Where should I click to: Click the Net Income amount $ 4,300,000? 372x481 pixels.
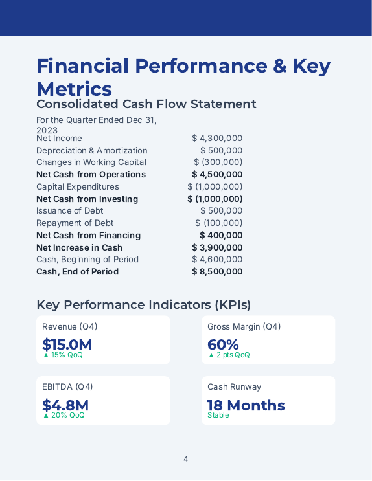(x=217, y=138)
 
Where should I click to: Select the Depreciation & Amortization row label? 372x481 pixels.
(x=91, y=150)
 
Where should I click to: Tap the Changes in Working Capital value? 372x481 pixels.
(x=218, y=162)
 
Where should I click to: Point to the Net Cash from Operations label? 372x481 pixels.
(x=91, y=175)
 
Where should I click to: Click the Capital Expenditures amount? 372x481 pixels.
(x=215, y=186)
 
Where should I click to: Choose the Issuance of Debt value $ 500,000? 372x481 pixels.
(x=221, y=211)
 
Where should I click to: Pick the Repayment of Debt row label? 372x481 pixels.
(x=75, y=223)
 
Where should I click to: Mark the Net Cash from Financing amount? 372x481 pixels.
(x=221, y=236)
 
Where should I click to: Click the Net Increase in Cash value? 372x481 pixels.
(x=217, y=248)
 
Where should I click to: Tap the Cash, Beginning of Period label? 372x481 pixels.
(x=87, y=260)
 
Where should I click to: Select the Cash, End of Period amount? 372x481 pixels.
(x=217, y=272)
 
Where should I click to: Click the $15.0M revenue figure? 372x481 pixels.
(x=67, y=344)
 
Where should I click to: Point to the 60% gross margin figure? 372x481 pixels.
(x=223, y=344)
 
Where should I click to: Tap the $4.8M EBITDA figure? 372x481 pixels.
(x=65, y=405)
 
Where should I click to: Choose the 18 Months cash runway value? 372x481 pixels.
(x=246, y=405)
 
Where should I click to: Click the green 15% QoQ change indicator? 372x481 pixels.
(x=63, y=355)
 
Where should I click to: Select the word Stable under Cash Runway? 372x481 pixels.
(x=218, y=416)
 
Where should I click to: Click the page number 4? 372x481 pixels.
(x=185, y=459)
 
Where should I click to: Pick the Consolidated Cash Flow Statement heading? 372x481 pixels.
(x=146, y=104)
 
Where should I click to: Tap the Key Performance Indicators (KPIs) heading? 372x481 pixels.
(x=143, y=305)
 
